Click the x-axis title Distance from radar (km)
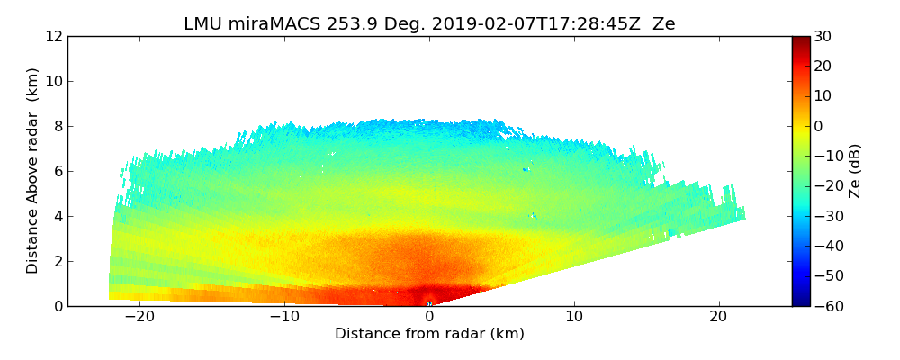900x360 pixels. [x=429, y=334]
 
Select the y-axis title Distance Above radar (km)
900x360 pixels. [x=32, y=170]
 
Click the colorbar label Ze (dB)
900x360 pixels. [x=855, y=170]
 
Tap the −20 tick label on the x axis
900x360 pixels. [x=139, y=318]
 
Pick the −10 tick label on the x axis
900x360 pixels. [x=284, y=318]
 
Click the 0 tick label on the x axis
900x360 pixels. [x=429, y=318]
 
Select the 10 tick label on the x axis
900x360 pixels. [x=574, y=318]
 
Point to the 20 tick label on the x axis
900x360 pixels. [x=719, y=318]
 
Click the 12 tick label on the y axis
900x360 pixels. [x=54, y=36]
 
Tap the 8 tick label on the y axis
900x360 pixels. [x=58, y=126]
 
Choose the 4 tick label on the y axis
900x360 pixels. [x=58, y=216]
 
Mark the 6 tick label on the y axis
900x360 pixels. [x=58, y=171]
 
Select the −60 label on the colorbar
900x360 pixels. [x=827, y=306]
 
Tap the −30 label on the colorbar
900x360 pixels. [x=827, y=216]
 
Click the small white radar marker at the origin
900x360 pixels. [x=429, y=304]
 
